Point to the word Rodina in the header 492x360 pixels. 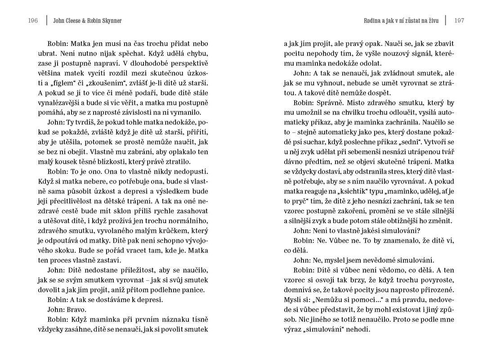pyautogui.click(x=375, y=21)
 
